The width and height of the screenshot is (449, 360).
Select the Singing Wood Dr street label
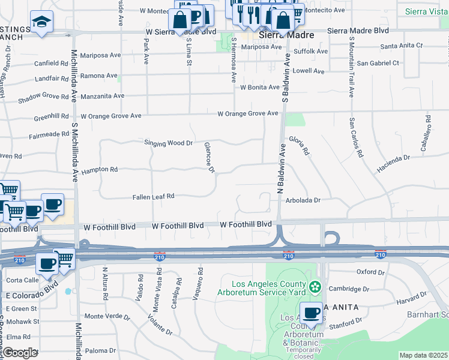point(168,143)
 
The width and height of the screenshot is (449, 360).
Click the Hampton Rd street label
point(100,170)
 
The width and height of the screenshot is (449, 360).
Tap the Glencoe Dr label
point(209,158)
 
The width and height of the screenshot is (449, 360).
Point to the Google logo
point(20,353)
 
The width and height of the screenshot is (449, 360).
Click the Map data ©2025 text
point(423,355)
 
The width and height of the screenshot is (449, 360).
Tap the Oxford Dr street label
point(370,272)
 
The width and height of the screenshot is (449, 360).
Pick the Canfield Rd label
point(51,63)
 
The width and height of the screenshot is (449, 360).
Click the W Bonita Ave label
point(259,87)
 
